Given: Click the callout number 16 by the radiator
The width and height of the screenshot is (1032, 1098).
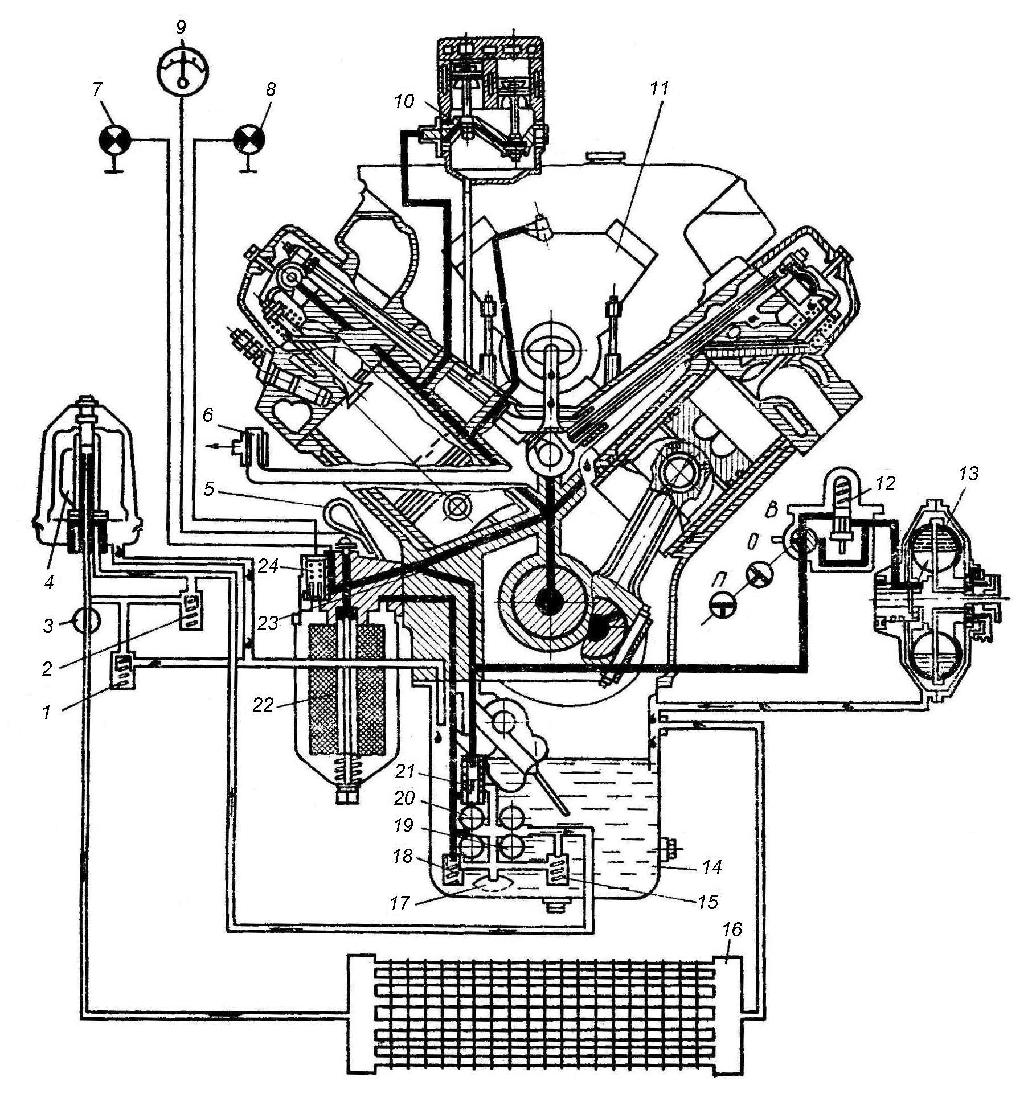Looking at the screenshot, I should coord(732,930).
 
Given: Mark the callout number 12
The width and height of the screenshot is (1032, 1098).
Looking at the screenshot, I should coord(886,483).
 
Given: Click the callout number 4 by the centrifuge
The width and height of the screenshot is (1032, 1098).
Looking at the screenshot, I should coord(50,583).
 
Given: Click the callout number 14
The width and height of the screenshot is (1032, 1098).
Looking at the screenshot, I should coord(712,867).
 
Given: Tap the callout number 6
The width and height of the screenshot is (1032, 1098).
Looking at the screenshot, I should coord(207,414).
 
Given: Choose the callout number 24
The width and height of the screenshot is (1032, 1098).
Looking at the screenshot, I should coord(269,566).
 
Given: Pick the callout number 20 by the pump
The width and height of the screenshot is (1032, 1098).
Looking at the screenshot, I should coord(405,799).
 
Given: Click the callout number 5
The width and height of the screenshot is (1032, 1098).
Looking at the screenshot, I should coord(210,490).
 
